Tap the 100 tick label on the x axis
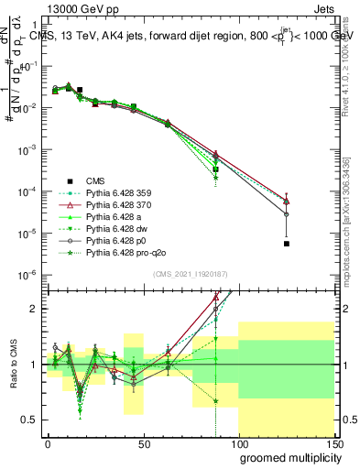click(238, 442)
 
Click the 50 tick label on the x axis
click(143, 442)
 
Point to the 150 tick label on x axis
click(333, 442)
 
